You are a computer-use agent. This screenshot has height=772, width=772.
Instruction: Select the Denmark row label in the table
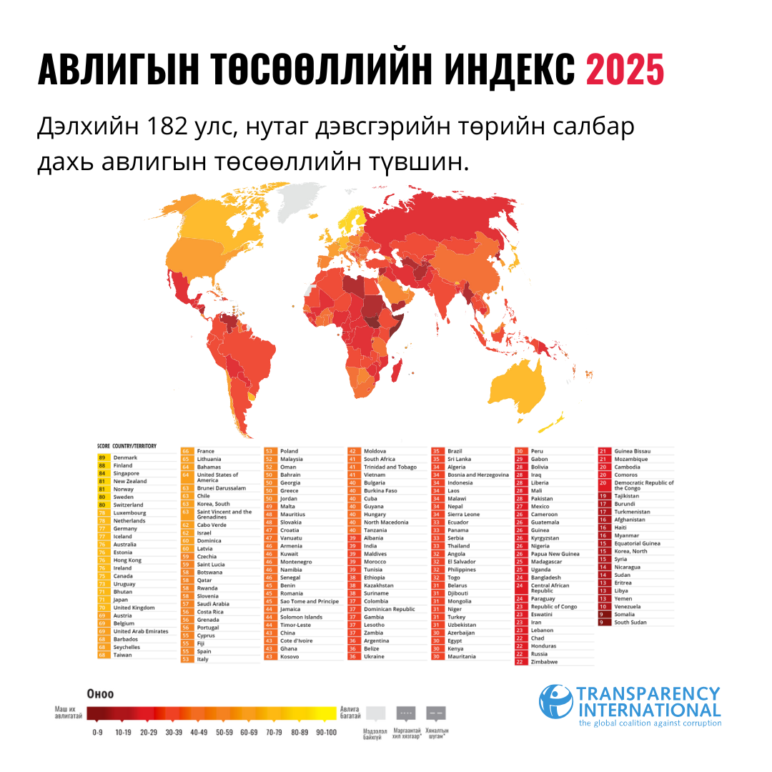(x=125, y=457)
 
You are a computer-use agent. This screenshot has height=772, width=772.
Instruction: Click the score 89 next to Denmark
(x=102, y=457)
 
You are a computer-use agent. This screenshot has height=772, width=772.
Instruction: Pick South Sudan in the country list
(x=630, y=622)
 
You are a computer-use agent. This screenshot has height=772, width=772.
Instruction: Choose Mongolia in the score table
(x=460, y=601)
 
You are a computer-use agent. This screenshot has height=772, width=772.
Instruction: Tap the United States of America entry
(x=217, y=477)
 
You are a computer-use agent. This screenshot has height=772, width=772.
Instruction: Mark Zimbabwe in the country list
(x=545, y=662)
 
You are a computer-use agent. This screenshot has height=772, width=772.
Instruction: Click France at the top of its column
(x=205, y=451)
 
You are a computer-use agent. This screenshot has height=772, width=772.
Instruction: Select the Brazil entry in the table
(x=455, y=451)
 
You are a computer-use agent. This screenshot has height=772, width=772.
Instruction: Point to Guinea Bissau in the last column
(x=633, y=451)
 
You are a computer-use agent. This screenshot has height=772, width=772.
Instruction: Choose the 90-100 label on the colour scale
(x=325, y=733)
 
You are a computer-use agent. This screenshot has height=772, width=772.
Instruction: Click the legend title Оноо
(x=99, y=693)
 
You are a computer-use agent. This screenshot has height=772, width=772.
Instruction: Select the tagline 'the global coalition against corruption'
(x=650, y=723)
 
